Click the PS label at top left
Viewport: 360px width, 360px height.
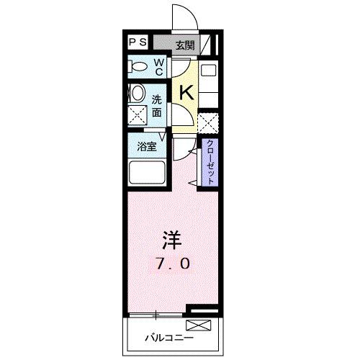pos(138,42)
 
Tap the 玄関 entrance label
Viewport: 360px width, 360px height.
pos(184,45)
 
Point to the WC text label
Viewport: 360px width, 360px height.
pos(159,67)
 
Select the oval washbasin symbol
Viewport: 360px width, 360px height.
pos(137,94)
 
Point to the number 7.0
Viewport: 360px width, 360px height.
pos(172,264)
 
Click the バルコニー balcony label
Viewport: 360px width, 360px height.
pos(168,336)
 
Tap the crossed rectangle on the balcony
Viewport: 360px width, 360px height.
pos(204,326)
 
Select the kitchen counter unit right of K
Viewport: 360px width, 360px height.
pos(208,83)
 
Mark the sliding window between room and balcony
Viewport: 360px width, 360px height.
pos(157,315)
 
